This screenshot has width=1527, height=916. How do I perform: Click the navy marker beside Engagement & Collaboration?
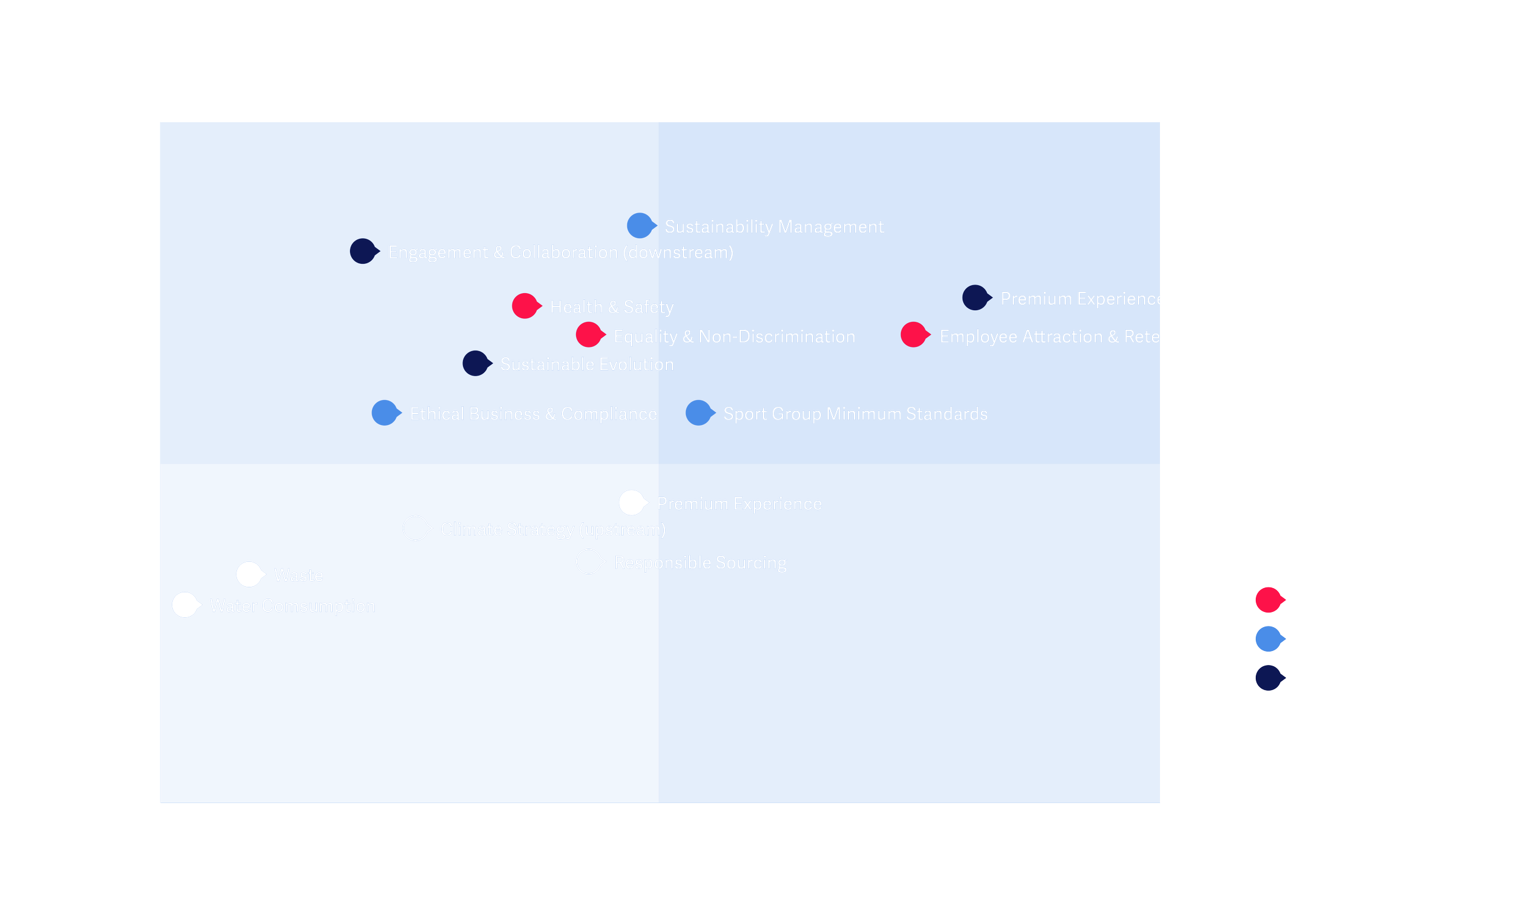coord(363,251)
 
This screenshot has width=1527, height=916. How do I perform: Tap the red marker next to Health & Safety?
coord(525,305)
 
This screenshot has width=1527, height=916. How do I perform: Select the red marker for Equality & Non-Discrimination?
coord(589,335)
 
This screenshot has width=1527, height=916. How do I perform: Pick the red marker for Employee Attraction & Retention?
coord(914,335)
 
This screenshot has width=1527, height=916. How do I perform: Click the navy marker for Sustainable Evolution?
coord(476,363)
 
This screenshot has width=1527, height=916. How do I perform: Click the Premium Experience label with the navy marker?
coord(1082,299)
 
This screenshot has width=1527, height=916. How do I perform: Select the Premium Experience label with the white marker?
coord(739,504)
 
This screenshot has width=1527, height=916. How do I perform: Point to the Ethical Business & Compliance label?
coord(533,413)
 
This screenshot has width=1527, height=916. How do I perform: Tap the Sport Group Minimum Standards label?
coord(855,413)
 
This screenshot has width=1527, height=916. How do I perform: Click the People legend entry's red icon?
coord(1269,600)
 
